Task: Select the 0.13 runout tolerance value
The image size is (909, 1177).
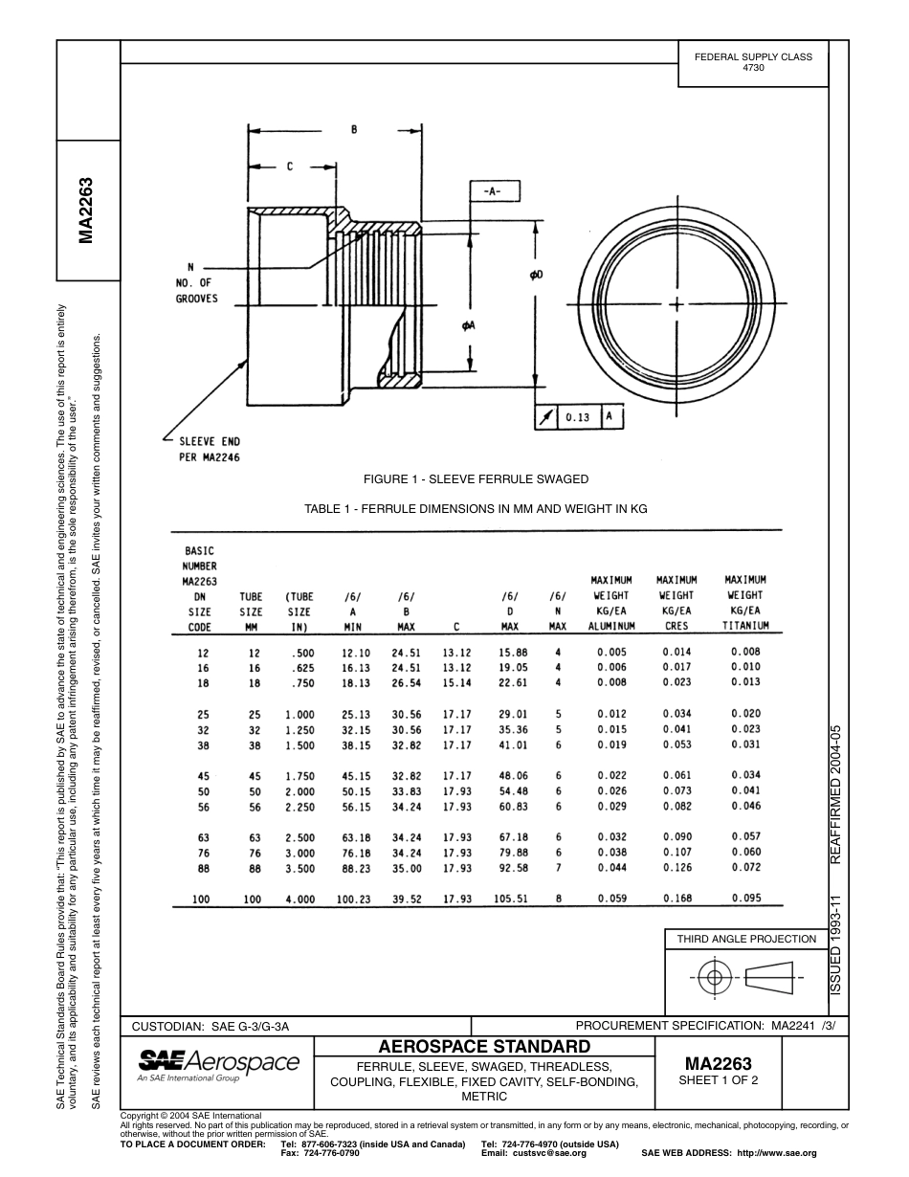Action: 577,418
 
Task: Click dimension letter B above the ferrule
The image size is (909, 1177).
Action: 354,129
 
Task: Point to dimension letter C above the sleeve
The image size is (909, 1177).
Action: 290,167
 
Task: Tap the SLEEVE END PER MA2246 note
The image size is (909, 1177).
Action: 210,449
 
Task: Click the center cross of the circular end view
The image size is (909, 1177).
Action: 677,304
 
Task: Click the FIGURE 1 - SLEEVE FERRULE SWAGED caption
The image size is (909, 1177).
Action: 476,478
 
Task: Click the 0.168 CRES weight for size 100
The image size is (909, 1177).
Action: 676,899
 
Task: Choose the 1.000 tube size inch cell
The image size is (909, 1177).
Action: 299,714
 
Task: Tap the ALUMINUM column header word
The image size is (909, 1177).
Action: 611,627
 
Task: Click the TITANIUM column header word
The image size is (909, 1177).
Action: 745,627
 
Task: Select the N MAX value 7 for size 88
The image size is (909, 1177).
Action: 558,868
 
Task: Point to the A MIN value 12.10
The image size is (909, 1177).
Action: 355,652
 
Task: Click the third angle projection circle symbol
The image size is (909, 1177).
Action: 712,977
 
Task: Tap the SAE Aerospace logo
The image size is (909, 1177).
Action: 219,1064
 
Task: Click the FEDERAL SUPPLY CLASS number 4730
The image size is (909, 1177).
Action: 753,69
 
